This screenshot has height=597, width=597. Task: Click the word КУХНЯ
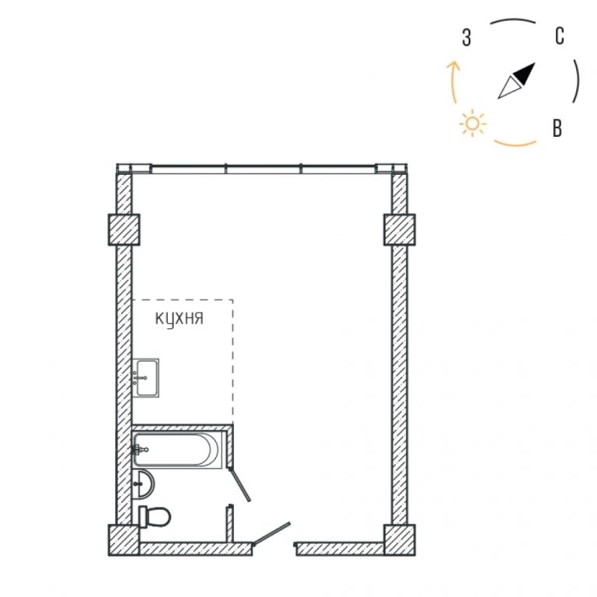tap(180, 319)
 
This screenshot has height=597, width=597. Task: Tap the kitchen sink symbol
tap(145, 378)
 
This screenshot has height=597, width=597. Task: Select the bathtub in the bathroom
tap(176, 449)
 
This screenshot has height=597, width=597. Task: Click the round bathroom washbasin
tap(144, 484)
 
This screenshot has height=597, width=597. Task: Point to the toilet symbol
tap(154, 516)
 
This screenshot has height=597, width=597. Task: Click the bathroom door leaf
tap(239, 485)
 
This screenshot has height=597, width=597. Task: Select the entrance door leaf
tap(272, 534)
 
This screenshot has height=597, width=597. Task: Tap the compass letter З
tap(466, 37)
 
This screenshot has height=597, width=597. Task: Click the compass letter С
tap(560, 37)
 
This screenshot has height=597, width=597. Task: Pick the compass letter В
tap(557, 128)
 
